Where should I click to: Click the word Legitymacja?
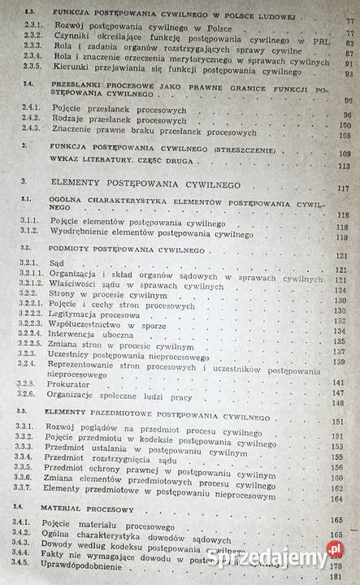click(x=80, y=310)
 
